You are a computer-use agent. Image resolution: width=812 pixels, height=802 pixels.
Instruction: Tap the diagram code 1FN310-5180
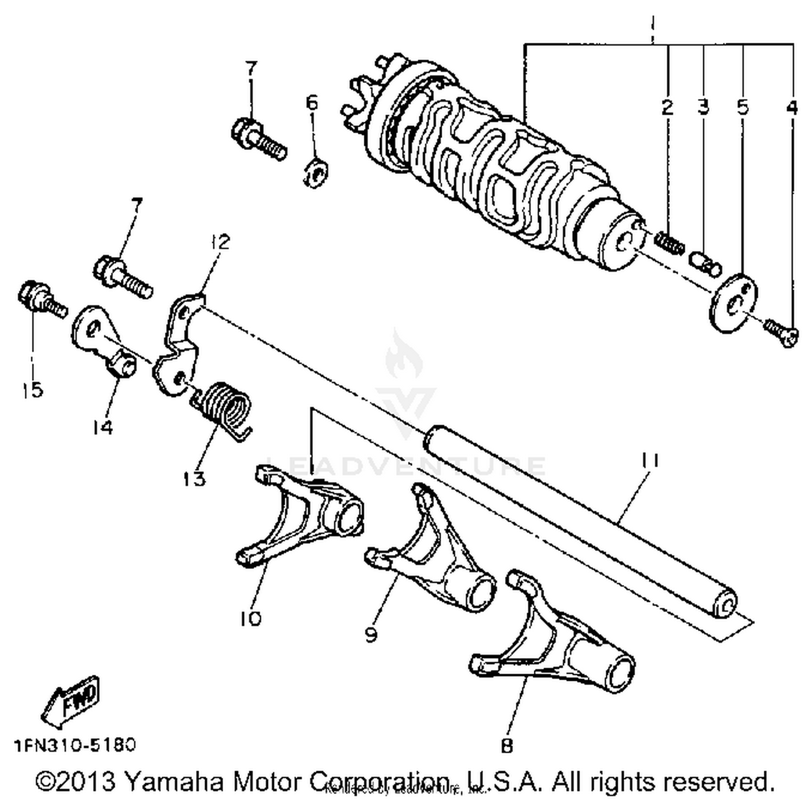[x=75, y=745]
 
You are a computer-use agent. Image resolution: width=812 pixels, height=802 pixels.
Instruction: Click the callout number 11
[x=649, y=461]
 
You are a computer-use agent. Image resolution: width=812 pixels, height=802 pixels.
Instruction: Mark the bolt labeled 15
[x=41, y=299]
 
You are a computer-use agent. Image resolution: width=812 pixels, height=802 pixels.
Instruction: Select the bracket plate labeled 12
[x=177, y=341]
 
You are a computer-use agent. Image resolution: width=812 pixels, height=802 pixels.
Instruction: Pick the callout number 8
[x=507, y=746]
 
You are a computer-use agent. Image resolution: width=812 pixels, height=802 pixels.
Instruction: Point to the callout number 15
[x=32, y=389]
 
